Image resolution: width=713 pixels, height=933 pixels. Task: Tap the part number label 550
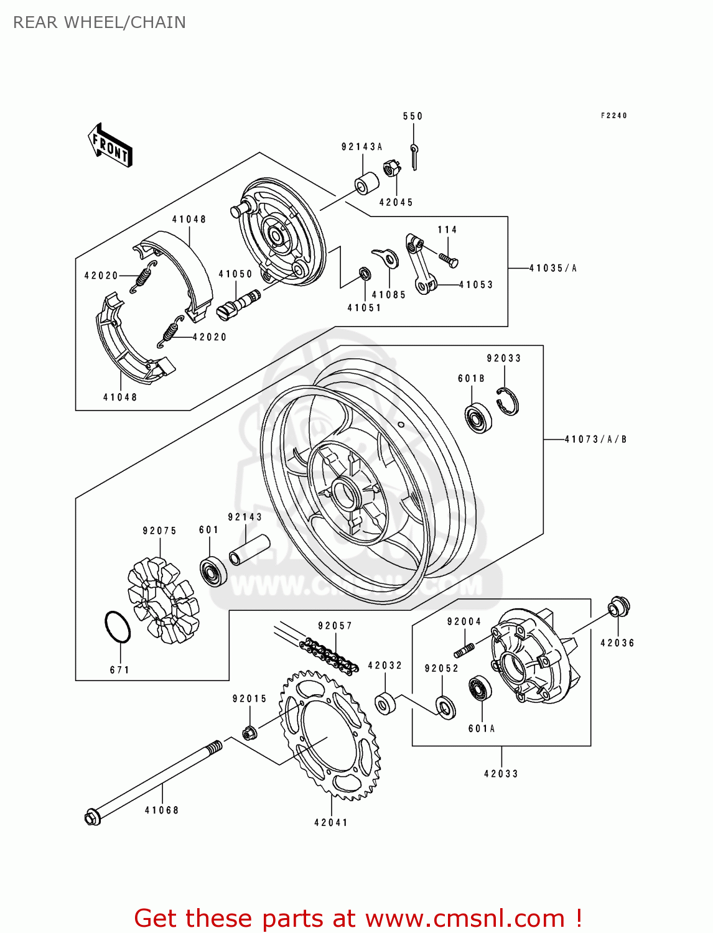[412, 116]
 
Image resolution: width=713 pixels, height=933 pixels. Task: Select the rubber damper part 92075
[163, 600]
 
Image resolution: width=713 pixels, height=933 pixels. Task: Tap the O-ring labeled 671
[117, 626]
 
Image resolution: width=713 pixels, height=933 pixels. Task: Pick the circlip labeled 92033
[508, 401]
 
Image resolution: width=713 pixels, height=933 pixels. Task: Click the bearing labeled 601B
[478, 418]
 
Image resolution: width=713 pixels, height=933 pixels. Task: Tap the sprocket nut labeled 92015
[249, 733]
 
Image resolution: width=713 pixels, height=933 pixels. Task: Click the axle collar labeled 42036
[618, 606]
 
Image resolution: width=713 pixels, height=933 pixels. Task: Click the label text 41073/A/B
[595, 439]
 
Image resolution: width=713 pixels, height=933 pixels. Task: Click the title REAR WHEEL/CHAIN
[100, 22]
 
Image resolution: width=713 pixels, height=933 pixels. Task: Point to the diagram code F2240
[613, 116]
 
